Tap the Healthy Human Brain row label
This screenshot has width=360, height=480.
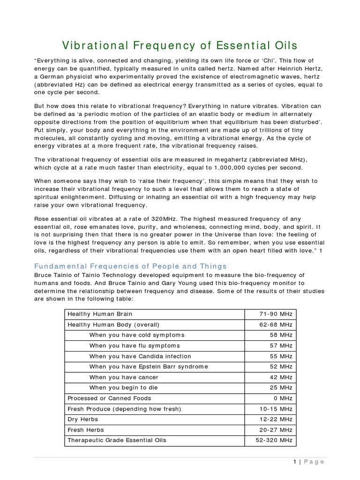(x=100, y=314)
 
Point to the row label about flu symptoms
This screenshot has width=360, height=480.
(x=135, y=345)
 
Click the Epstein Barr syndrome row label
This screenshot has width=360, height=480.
(x=148, y=367)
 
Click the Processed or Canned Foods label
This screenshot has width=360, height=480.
(x=109, y=398)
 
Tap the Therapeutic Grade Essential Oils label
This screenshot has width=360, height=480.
(x=117, y=440)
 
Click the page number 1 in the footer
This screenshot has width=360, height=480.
(x=295, y=462)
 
